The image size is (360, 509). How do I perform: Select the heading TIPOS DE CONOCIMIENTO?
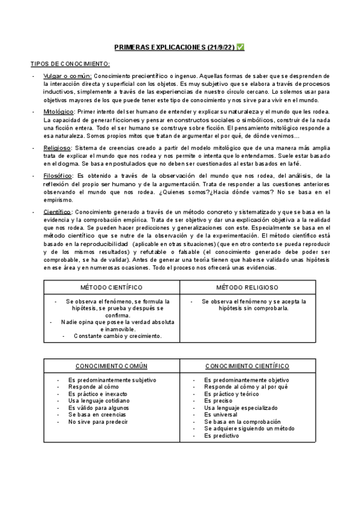coord(70,63)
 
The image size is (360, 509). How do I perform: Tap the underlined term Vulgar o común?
coord(67,76)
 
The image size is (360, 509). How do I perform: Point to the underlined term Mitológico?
coord(58,112)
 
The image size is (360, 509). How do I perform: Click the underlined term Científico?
coord(58,212)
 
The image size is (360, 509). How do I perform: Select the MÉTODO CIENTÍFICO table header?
coord(112,288)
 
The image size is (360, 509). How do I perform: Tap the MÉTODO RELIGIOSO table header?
coord(248,288)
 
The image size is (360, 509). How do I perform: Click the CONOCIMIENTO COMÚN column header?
coord(112,366)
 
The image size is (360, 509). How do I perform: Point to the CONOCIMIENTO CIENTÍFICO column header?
coord(247,366)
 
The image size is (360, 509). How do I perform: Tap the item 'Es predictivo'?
coord(221,436)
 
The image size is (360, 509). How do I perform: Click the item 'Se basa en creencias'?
coord(97,415)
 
